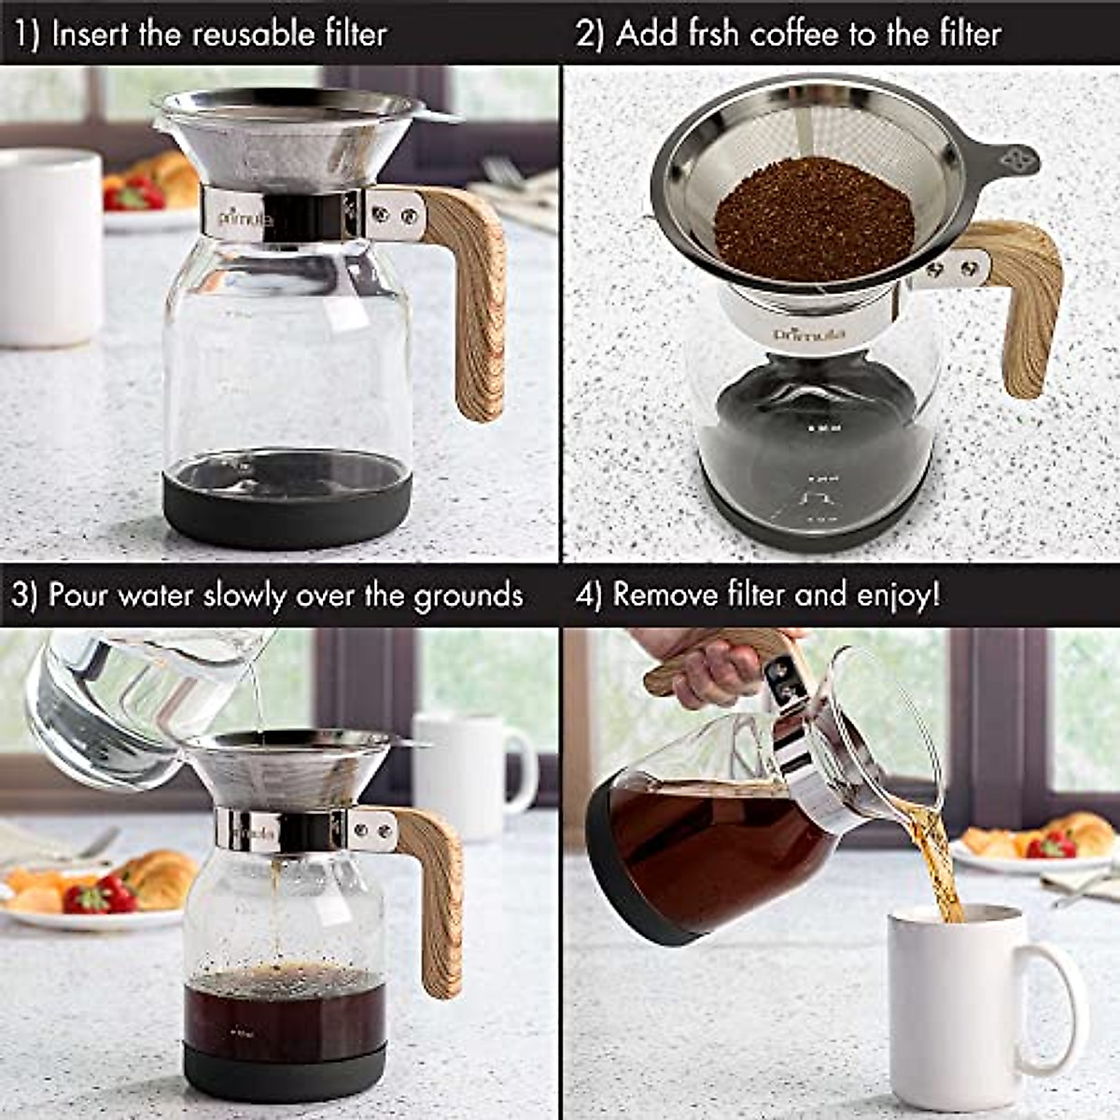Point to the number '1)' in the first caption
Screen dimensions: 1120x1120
tap(26, 35)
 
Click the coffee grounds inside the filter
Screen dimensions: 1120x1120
tap(813, 220)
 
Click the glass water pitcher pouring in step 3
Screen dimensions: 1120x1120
tap(121, 700)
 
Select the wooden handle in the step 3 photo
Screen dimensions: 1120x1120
tap(434, 896)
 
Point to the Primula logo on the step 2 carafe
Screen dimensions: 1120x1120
tap(808, 333)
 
